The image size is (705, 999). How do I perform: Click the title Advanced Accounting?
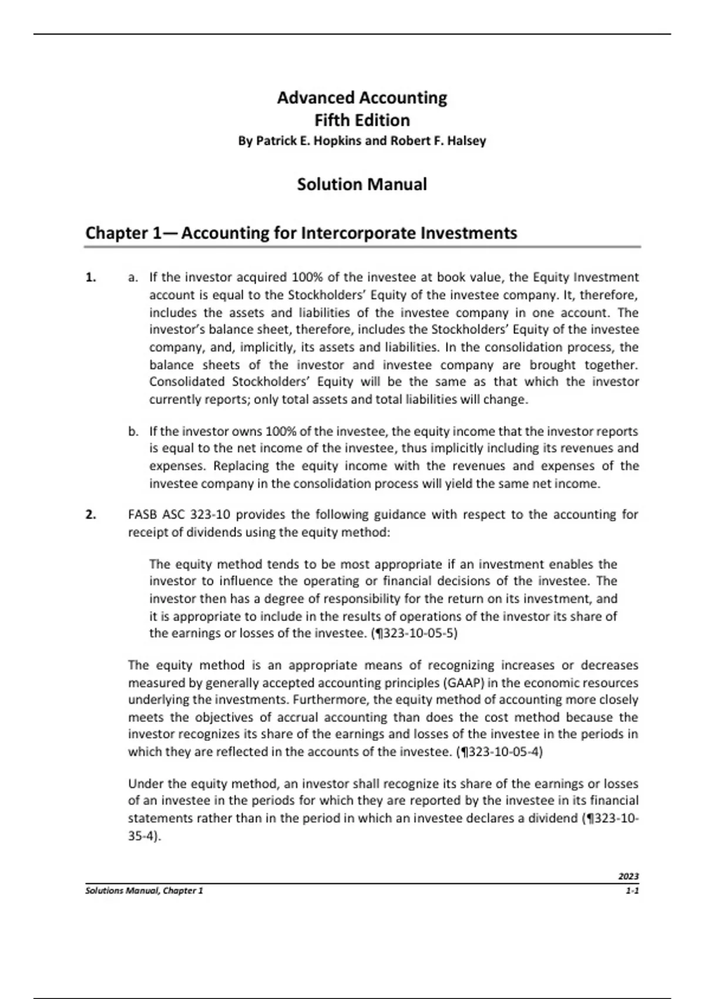click(x=361, y=98)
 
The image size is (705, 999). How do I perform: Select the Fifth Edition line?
click(x=361, y=120)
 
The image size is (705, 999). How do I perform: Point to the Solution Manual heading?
click(x=361, y=185)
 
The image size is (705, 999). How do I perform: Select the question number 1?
click(x=90, y=277)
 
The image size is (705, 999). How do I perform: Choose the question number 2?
click(x=90, y=515)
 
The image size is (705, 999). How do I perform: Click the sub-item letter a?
click(x=133, y=277)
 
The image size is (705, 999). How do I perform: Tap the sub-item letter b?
click(x=133, y=432)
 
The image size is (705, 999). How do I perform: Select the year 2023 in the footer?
click(x=628, y=876)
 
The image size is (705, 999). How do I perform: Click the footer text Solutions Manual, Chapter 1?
click(x=144, y=891)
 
